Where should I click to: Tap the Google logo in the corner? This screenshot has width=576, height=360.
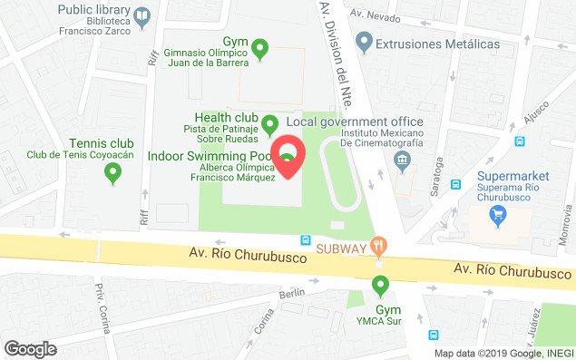[30, 348]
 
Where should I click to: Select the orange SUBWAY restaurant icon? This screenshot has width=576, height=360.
[381, 244]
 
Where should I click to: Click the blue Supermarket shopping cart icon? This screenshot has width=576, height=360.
[496, 216]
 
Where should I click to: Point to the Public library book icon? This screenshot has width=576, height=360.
[142, 15]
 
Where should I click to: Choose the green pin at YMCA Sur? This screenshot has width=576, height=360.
[381, 287]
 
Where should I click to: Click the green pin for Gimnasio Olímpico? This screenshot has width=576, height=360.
[260, 49]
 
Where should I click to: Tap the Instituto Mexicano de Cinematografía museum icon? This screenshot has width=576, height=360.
[401, 161]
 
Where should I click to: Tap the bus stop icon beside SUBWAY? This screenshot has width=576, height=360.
[307, 241]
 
